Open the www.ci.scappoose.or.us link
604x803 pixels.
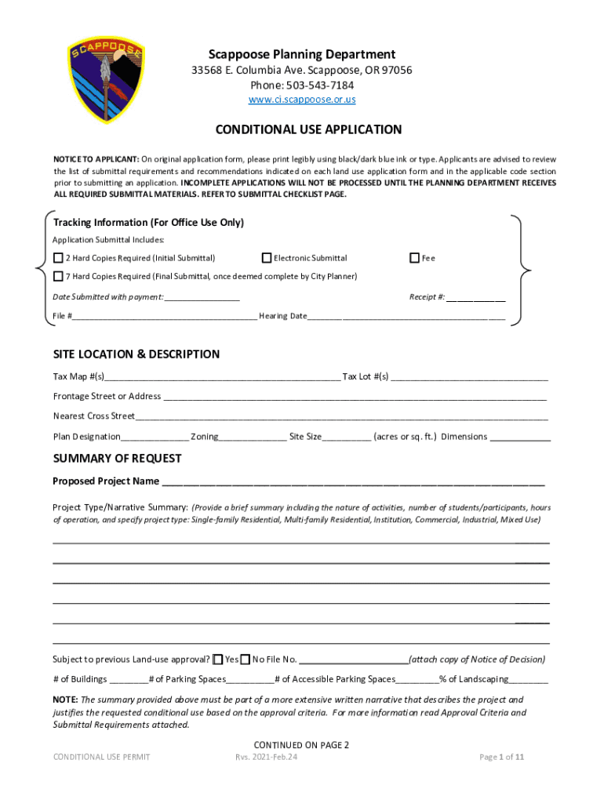(302, 100)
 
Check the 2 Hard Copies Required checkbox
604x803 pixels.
(58, 258)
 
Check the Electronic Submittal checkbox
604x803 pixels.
(267, 258)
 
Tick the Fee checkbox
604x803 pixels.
(414, 258)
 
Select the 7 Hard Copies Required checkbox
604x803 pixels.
(58, 276)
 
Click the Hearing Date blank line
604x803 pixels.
(406, 317)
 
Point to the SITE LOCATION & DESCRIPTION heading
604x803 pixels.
(136, 354)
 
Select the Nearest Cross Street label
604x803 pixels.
(94, 416)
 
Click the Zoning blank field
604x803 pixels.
(253, 438)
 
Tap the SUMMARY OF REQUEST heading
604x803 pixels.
(117, 459)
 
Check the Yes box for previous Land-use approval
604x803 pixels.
(218, 659)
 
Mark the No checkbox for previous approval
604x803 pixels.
(246, 659)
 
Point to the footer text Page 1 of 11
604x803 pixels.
(501, 757)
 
